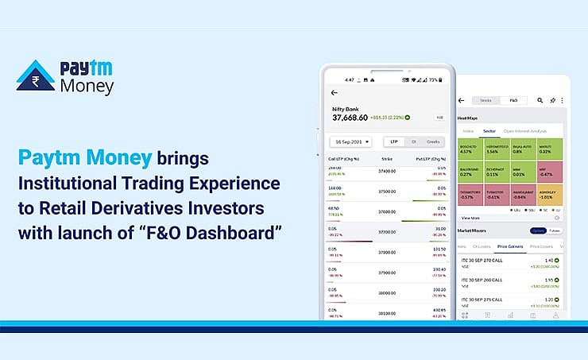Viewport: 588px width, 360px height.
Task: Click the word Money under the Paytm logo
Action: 88,87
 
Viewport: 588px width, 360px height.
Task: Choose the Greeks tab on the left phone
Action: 432,141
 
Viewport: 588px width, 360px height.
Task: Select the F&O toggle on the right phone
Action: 513,101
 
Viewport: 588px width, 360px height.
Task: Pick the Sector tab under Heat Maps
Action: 489,131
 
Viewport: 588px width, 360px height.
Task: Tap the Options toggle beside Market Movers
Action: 538,230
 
